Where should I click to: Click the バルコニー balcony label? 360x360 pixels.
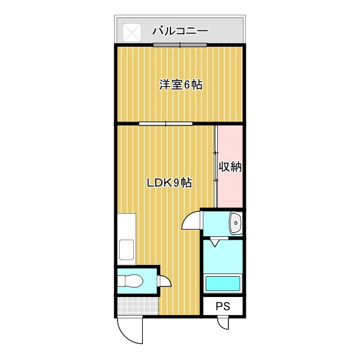click(180, 31)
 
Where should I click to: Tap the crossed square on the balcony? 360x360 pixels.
click(132, 32)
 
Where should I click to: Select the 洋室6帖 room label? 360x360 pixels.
click(181, 85)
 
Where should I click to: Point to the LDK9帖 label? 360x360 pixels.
click(169, 183)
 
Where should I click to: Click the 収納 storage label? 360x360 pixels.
click(230, 168)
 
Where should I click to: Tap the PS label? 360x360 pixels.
click(223, 307)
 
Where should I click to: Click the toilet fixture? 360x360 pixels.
click(132, 280)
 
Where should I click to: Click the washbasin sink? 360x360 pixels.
click(235, 223)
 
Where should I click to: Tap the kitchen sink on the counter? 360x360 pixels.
click(127, 248)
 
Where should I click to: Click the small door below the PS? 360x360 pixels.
click(224, 323)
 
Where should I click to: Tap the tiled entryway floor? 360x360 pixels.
click(138, 306)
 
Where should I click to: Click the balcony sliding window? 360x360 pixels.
click(180, 45)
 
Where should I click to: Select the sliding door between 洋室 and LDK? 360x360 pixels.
click(166, 123)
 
